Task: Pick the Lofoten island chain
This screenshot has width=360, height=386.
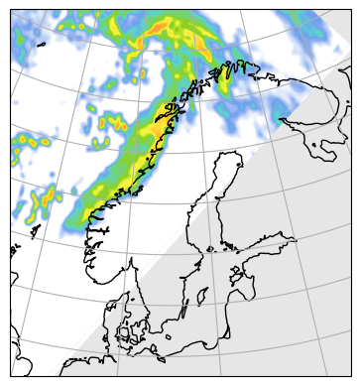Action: (x=177, y=105)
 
